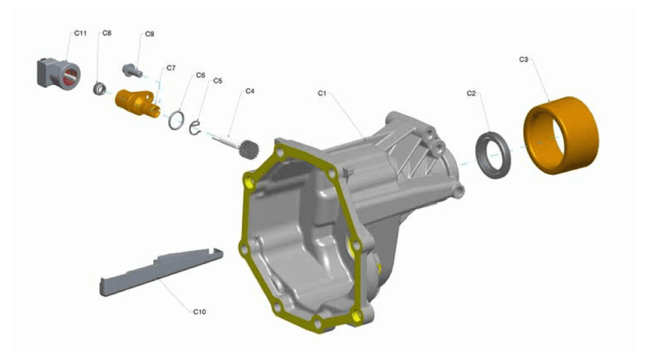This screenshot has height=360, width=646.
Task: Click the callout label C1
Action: pyautogui.click(x=322, y=93)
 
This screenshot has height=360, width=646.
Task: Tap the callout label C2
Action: pyautogui.click(x=471, y=93)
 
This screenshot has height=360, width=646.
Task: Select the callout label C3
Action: pyautogui.click(x=523, y=59)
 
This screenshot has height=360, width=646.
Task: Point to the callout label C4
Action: pyautogui.click(x=249, y=91)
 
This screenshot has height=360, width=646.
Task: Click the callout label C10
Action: pyautogui.click(x=199, y=312)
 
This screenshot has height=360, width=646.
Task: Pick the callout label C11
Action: pyautogui.click(x=80, y=33)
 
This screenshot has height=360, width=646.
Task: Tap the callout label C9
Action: pyautogui.click(x=149, y=34)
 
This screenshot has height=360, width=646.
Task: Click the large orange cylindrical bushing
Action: pyautogui.click(x=561, y=134)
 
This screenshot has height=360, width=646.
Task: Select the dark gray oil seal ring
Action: pyautogui.click(x=493, y=155)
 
